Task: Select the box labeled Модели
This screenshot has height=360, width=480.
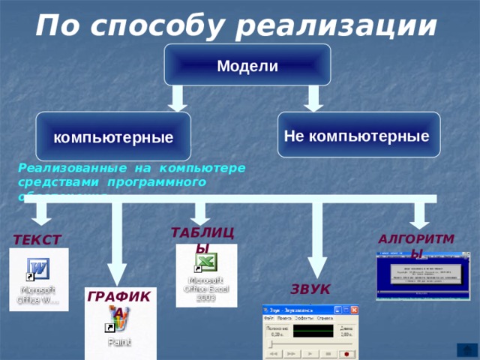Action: pyautogui.click(x=247, y=65)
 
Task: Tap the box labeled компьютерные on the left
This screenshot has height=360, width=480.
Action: pyautogui.click(x=112, y=136)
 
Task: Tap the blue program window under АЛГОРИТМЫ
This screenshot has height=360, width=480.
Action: pyautogui.click(x=423, y=275)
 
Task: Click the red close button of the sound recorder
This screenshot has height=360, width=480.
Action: pyautogui.click(x=353, y=309)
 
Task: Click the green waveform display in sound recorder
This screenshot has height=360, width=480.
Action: pyautogui.click(x=313, y=331)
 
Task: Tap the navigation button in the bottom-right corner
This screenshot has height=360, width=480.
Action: pyautogui.click(x=466, y=349)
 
